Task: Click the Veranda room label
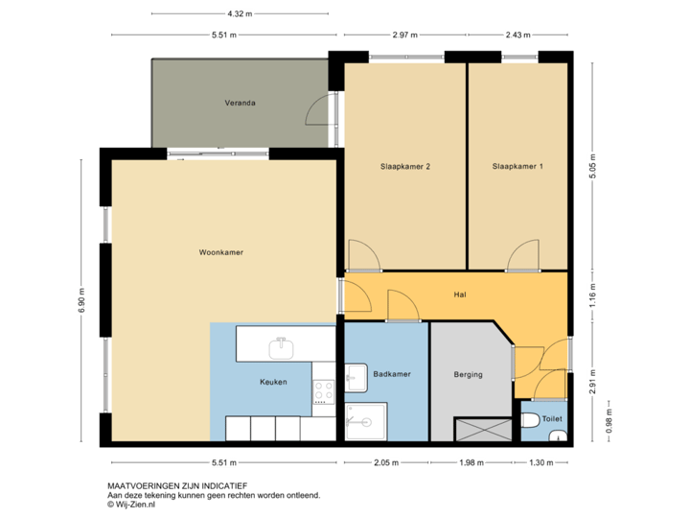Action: point(240,102)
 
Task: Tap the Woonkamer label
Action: point(220,253)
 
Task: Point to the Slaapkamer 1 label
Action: point(517,166)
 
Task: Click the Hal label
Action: point(459,295)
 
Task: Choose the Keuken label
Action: point(273,382)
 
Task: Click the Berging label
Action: point(468,374)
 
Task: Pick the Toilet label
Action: point(552,419)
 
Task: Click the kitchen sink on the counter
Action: point(283,344)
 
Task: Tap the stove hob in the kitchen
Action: point(323,389)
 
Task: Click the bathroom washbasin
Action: point(355,379)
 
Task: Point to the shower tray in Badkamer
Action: point(365,421)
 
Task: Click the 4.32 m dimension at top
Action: point(233,14)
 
